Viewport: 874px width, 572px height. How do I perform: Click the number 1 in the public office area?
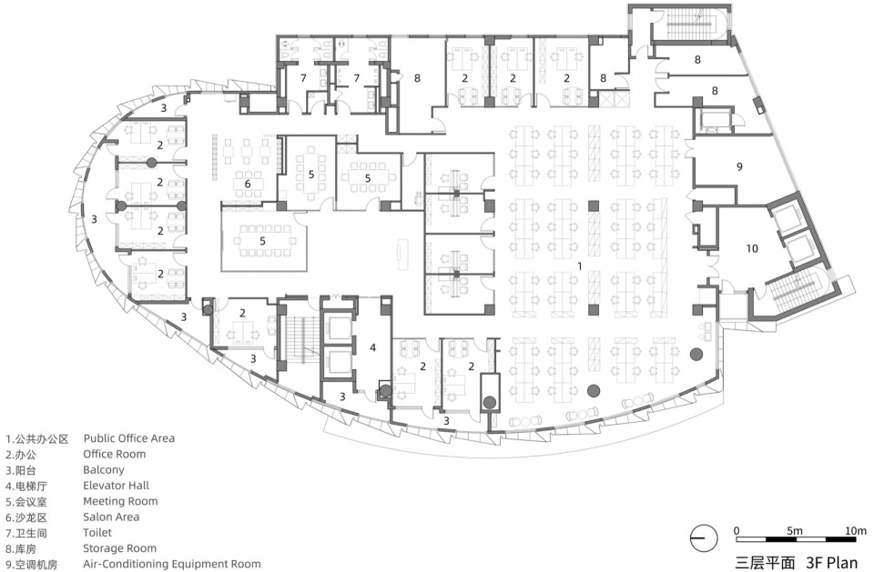[580, 266]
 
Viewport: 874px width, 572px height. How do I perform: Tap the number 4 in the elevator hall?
[373, 348]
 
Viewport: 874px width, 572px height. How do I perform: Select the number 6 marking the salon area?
[248, 184]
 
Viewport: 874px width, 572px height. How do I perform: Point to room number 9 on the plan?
[739, 166]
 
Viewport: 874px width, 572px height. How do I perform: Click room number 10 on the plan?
[752, 248]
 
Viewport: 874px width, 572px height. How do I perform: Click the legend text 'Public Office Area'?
[128, 438]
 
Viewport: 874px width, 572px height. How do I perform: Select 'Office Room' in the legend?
[115, 454]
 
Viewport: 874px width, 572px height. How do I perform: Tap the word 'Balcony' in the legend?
[104, 470]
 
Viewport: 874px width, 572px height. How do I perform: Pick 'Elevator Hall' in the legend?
[116, 485]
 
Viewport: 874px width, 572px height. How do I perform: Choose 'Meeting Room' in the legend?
[120, 501]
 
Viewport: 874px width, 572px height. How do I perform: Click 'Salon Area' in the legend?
[111, 517]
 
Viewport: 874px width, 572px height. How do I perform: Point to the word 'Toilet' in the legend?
[97, 533]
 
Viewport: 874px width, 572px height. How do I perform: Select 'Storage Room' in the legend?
[119, 548]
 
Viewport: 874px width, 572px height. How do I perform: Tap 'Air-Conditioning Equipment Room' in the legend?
[172, 564]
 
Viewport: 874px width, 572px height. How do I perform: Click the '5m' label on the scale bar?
[794, 530]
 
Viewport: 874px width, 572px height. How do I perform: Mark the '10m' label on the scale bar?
[856, 530]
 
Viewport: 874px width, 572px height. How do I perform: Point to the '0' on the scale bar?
[737, 530]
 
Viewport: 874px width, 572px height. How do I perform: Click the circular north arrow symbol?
[704, 538]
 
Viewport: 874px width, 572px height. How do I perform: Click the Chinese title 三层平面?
[765, 562]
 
